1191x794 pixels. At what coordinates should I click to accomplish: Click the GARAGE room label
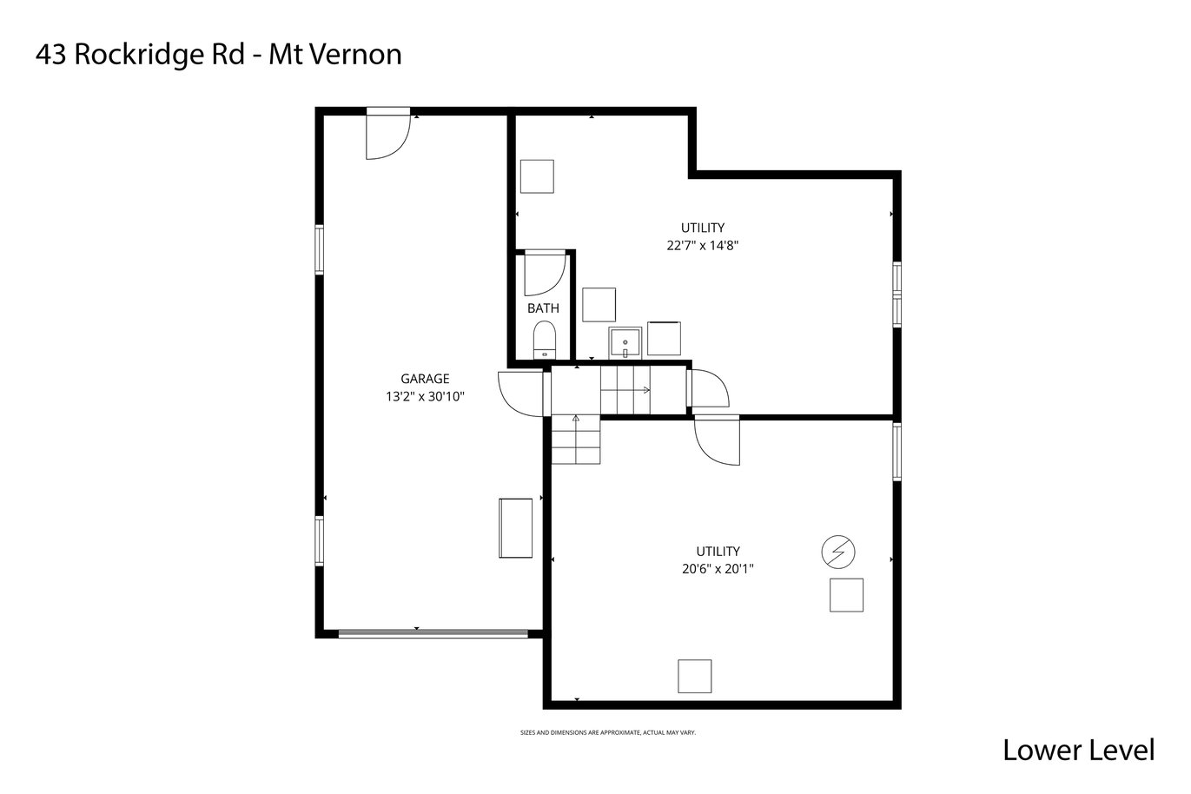425,379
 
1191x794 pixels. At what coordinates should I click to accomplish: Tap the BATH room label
543,308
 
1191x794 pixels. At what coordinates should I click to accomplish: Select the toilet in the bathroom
544,341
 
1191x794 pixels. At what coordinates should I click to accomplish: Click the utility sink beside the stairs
625,343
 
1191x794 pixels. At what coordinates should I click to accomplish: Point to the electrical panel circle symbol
838,552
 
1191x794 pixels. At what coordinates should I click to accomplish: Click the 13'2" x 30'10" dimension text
425,397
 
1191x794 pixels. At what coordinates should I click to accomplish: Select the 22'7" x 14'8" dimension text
703,246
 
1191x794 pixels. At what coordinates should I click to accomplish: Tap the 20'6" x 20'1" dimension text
718,569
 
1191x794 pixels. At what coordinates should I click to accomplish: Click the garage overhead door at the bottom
433,633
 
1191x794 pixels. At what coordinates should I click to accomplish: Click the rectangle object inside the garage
515,528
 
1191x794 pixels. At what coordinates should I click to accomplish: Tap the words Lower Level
1078,751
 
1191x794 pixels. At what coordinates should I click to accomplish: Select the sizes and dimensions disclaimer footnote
608,733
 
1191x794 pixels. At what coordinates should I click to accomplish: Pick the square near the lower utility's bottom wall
694,677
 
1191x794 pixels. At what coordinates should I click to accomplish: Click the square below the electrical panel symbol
846,595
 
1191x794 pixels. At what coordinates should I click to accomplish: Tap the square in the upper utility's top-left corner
537,176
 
